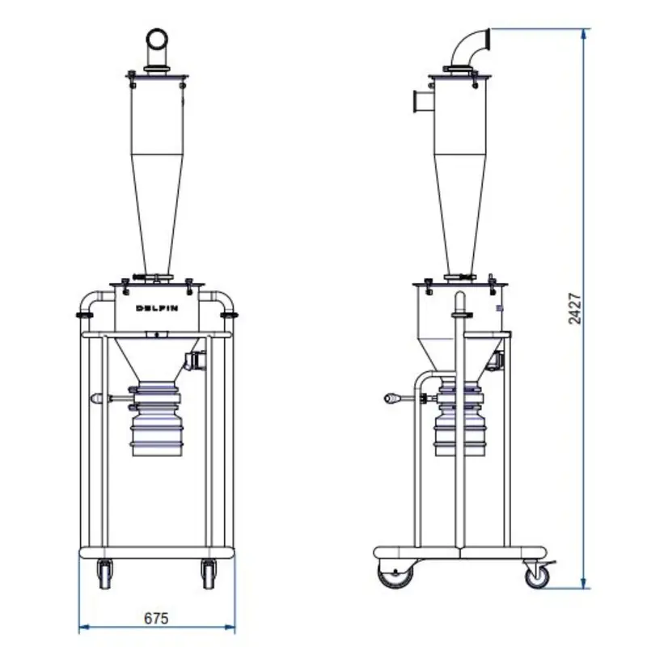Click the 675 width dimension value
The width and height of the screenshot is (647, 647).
(156, 618)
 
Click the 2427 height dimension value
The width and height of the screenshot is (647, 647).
(575, 309)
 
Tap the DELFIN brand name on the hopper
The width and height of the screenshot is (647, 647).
(157, 308)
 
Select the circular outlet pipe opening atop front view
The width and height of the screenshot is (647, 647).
(157, 39)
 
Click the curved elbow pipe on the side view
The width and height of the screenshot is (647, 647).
(470, 48)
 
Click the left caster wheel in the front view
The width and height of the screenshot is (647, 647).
(105, 574)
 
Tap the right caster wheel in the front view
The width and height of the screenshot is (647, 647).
(209, 574)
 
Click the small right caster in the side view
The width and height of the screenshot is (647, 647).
(537, 575)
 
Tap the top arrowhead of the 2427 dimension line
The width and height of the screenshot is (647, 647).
(583, 33)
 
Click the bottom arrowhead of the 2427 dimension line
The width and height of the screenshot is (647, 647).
(583, 583)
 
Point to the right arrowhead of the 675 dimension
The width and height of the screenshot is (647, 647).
(230, 628)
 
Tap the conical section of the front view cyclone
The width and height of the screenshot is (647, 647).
(157, 214)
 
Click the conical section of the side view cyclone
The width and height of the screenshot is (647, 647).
(460, 214)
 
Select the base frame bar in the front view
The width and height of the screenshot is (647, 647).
(157, 552)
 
